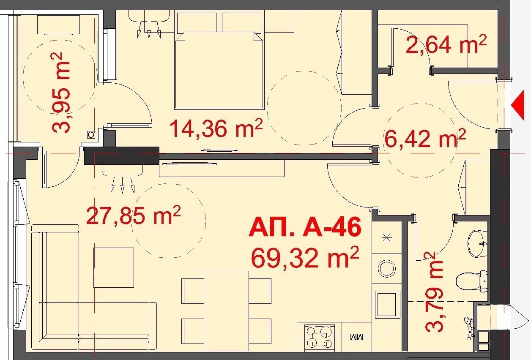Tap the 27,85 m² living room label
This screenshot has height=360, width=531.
coord(134,215)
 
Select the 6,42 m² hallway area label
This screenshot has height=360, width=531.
coord(425,138)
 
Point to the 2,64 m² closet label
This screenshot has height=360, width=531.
coord(446,47)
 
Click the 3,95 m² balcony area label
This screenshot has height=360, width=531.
coord(60,93)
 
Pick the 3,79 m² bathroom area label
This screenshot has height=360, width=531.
coord(434,293)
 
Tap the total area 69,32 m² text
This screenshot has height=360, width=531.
coord(305,257)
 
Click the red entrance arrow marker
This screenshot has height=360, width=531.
coord(518,105)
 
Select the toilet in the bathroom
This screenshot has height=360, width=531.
coord(472,281)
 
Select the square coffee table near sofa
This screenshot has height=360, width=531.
coord(114,267)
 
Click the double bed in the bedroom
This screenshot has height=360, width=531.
coord(219,71)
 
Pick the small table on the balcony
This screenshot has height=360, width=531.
coord(58,25)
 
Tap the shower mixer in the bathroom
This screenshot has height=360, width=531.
coord(469,328)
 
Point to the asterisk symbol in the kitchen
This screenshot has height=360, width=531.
coord(387,238)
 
